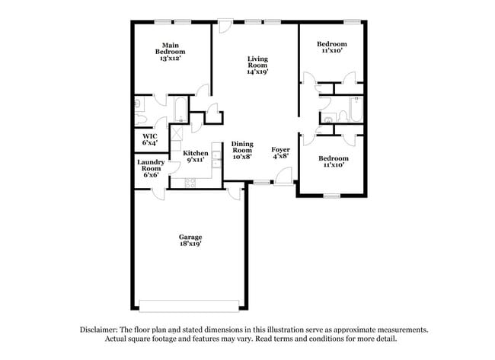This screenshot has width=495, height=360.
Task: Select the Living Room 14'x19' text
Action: (257, 65)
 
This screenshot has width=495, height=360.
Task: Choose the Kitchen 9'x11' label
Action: (196, 157)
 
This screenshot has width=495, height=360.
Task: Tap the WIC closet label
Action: (149, 140)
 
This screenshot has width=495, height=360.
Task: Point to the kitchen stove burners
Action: (189, 182)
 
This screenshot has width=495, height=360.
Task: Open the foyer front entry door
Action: (283, 176)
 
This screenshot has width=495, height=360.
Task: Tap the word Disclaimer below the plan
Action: (101, 330)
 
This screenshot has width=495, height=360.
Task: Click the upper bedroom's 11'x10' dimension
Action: (332, 51)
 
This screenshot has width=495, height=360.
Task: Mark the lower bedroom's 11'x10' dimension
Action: (333, 164)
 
